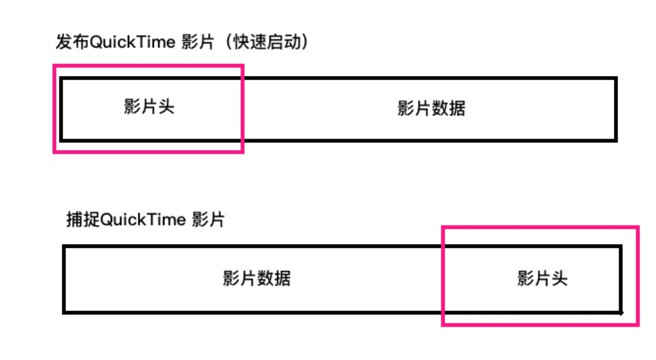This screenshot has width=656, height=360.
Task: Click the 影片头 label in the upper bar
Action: coord(149,107)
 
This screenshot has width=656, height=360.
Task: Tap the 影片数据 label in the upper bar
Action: coord(431,109)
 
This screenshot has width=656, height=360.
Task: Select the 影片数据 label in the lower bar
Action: coord(257,278)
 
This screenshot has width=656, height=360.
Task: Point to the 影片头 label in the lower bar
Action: coord(542,278)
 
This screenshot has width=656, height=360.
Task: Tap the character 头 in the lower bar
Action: coord(559,278)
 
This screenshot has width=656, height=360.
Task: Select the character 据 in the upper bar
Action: coord(457,109)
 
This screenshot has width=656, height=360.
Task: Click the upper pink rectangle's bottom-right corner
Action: coord(242,151)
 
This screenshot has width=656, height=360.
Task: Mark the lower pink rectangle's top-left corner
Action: coord(443,228)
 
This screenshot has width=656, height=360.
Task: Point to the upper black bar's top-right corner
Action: coord(616,79)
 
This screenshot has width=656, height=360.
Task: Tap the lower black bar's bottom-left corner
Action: coord(65,312)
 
